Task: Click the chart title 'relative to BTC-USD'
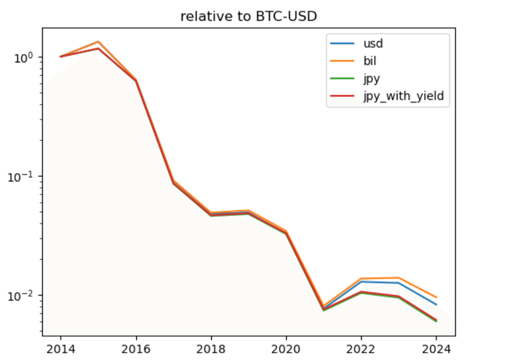pyautogui.click(x=249, y=17)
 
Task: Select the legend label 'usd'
pyautogui.click(x=369, y=43)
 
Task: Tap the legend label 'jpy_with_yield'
pyautogui.click(x=399, y=97)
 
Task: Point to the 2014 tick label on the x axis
pyautogui.click(x=60, y=348)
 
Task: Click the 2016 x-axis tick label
pyautogui.click(x=136, y=348)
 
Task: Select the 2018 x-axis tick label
pyautogui.click(x=211, y=348)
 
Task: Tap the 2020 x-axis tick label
pyautogui.click(x=286, y=348)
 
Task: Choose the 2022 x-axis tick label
pyautogui.click(x=362, y=348)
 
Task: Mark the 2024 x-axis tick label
pyautogui.click(x=437, y=348)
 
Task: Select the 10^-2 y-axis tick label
pyautogui.click(x=24, y=294)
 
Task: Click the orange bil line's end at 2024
pyautogui.click(x=437, y=297)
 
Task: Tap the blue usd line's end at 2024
pyautogui.click(x=437, y=304)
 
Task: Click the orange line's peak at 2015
pyautogui.click(x=98, y=42)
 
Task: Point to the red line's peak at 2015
pyautogui.click(x=98, y=48)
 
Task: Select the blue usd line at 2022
pyautogui.click(x=362, y=281)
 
